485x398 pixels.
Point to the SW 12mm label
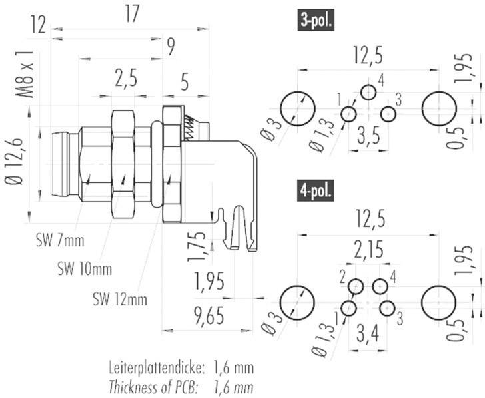119,299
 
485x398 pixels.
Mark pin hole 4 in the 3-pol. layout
368,92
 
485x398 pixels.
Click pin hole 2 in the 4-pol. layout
356,287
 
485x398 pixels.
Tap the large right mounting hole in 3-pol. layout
439,107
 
